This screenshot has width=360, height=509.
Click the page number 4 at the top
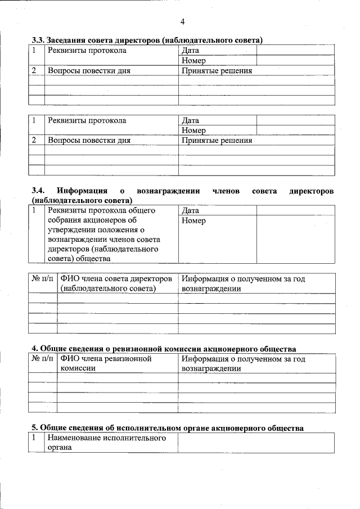182,22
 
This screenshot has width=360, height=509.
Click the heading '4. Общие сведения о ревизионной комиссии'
163,349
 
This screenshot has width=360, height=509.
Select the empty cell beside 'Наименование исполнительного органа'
256,443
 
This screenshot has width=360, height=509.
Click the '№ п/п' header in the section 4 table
43,359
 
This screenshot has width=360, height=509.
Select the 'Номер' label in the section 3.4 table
194,221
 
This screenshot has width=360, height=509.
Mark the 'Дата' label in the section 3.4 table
191,210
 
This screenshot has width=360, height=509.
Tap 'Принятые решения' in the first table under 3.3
217,71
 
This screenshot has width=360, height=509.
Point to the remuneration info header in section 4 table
244,363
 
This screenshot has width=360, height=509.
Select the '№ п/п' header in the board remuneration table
43,279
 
